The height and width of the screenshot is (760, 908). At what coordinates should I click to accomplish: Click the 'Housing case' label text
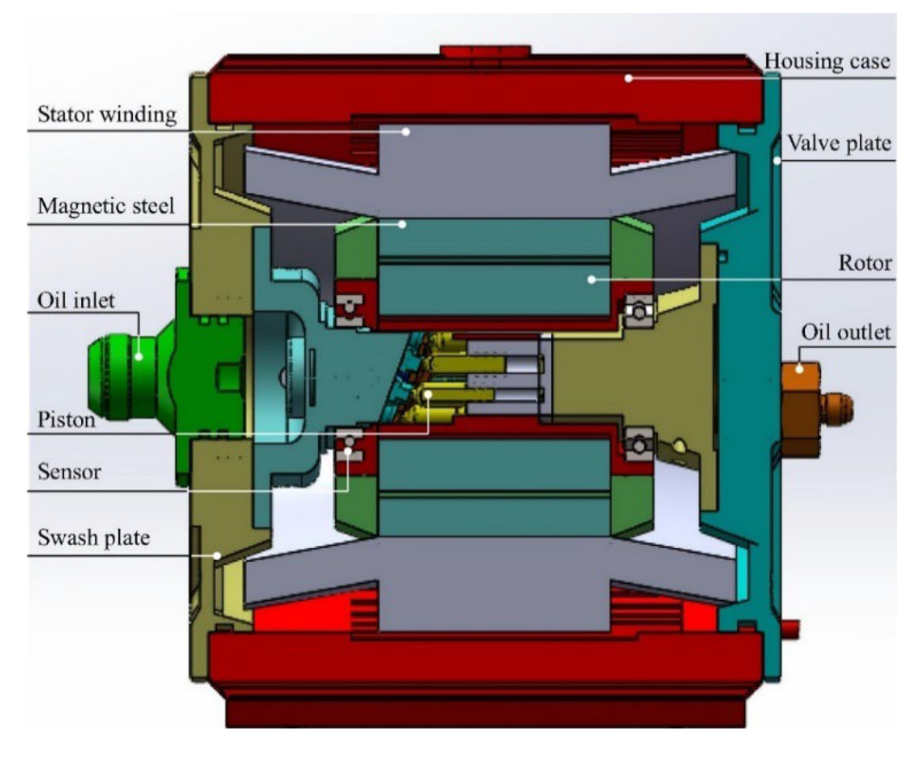(827, 62)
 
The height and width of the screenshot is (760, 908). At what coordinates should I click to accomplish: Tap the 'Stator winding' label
(107, 115)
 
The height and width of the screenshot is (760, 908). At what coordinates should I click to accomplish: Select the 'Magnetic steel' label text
(106, 206)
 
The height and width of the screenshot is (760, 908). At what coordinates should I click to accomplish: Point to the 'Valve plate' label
(839, 143)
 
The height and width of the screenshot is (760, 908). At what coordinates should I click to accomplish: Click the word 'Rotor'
(865, 263)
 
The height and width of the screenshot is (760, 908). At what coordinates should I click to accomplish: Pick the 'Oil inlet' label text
(76, 301)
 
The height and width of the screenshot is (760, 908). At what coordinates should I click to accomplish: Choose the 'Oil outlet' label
(846, 332)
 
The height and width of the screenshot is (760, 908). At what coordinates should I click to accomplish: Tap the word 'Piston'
(66, 420)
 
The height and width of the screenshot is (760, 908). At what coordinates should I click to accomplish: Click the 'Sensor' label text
(69, 472)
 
